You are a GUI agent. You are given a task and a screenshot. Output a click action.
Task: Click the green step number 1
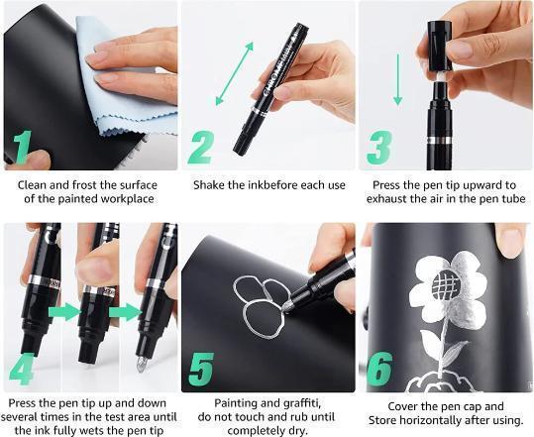23,148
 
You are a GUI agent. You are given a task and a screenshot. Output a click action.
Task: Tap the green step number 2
201,148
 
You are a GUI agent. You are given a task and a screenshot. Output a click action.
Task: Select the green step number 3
379,148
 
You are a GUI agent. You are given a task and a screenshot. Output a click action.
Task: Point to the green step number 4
22,369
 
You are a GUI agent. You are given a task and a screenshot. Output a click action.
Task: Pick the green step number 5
201,370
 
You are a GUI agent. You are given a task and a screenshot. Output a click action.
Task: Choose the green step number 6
379,370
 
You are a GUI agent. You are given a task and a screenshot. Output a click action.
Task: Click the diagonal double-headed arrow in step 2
235,73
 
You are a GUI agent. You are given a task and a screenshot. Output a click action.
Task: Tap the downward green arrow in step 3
398,79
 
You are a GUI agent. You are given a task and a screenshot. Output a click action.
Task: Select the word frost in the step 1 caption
85,185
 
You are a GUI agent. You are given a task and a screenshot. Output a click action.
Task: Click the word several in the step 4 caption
20,417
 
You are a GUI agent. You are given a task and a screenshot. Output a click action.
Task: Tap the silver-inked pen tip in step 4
141,364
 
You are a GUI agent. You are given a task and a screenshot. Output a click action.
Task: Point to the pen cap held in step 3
439,46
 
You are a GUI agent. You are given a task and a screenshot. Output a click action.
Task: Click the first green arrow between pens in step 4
65,312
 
